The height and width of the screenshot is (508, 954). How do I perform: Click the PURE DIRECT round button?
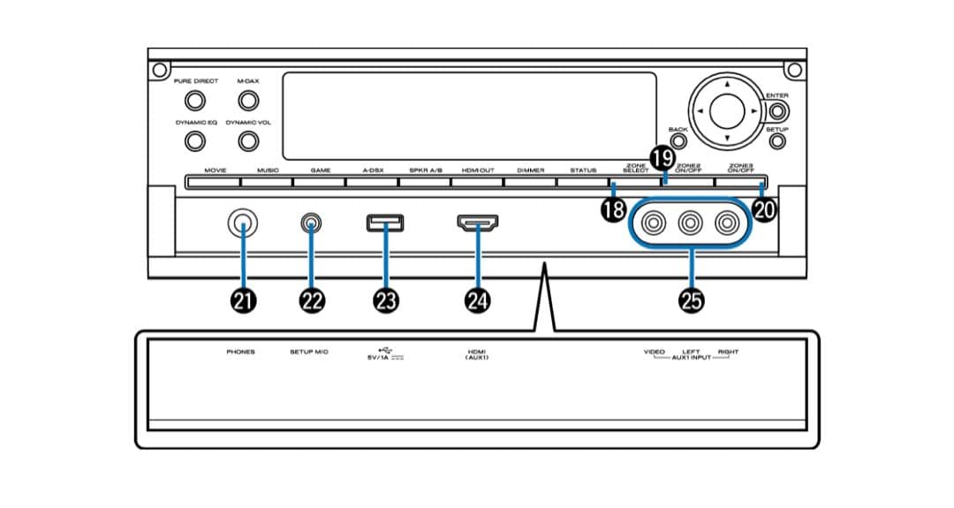point(195,101)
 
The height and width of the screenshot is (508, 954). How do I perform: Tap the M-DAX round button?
point(248,101)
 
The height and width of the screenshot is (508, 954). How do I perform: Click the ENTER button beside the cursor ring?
point(777,112)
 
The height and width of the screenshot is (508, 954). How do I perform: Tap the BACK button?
point(678,139)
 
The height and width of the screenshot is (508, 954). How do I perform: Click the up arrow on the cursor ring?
point(726,85)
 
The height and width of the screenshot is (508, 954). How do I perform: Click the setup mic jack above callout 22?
point(311,224)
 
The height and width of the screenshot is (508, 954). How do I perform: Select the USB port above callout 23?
point(385,223)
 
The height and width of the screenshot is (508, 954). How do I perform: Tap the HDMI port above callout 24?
point(477,223)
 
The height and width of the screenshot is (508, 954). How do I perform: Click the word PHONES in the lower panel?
point(240,352)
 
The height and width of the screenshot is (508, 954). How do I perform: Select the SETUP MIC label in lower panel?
point(309,352)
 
